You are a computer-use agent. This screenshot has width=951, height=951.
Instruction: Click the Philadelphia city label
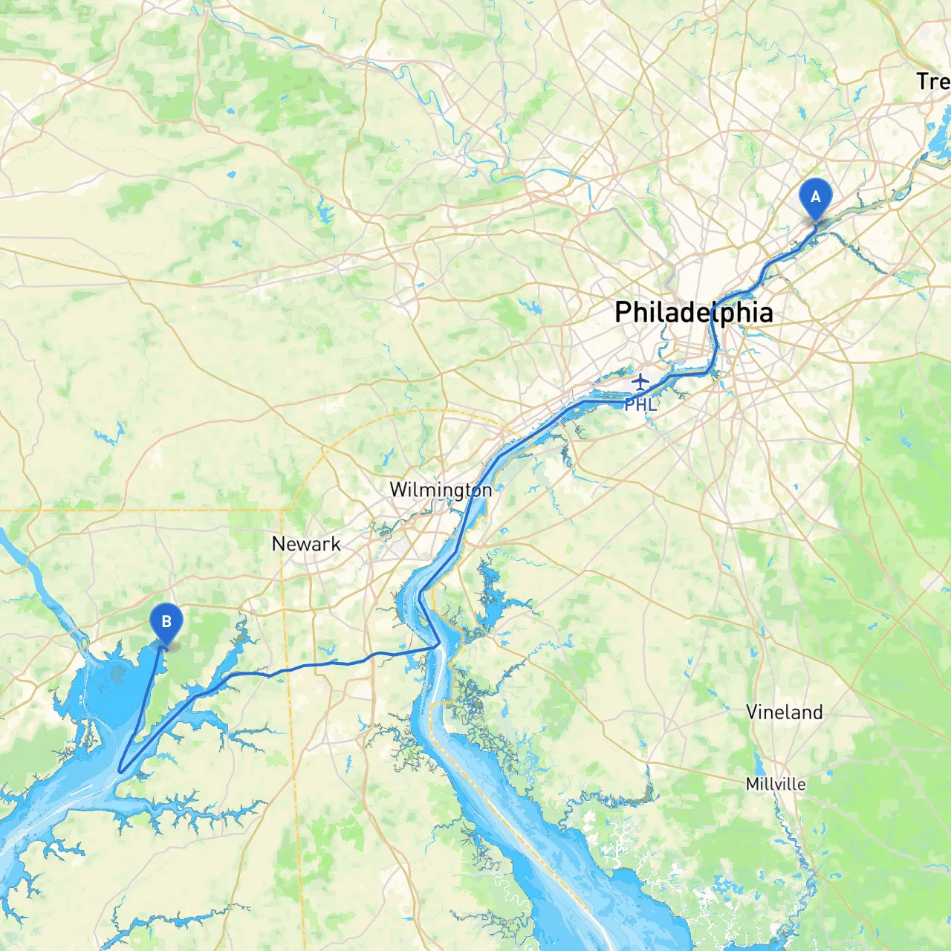point(693,312)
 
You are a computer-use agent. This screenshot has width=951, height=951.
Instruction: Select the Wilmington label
point(441,490)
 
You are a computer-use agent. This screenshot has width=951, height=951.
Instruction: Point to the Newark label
point(306,544)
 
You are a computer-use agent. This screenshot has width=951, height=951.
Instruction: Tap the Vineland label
point(785,713)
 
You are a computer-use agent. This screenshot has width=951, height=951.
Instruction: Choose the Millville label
point(776,784)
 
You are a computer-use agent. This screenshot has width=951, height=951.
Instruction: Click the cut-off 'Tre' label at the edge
point(932,81)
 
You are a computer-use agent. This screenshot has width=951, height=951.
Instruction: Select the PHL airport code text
point(640,405)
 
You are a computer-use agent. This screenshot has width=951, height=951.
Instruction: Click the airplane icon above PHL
point(640,382)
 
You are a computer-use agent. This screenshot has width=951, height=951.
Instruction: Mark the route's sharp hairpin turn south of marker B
point(120,772)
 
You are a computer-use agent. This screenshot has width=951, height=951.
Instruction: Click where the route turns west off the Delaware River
point(437,646)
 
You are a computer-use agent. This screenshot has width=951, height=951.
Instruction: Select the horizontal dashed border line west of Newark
point(149,510)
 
